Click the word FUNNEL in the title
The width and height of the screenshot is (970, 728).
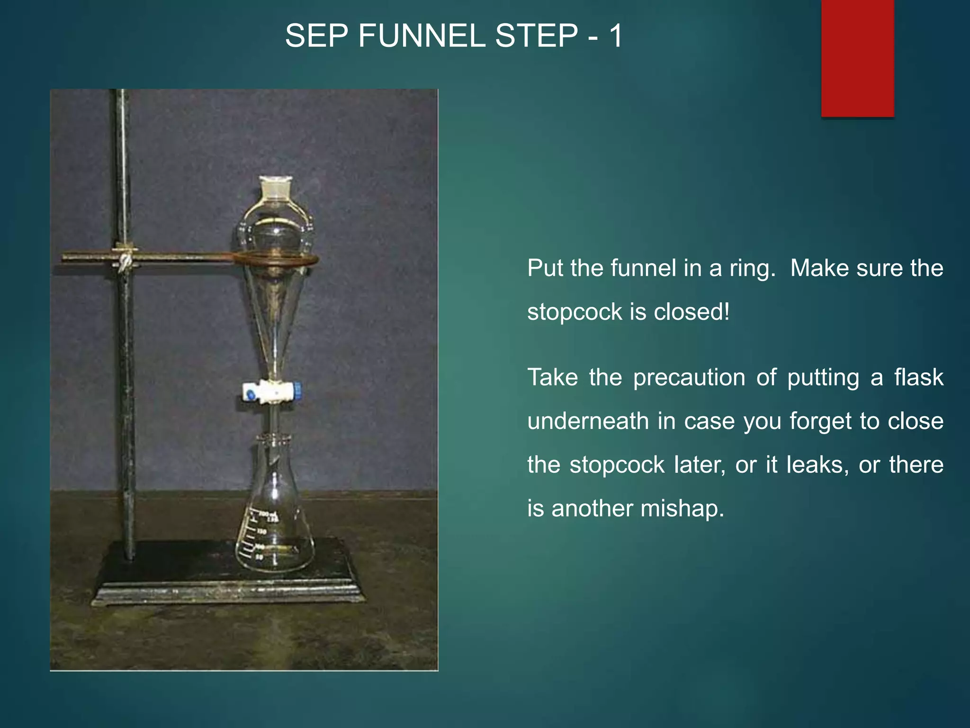422,36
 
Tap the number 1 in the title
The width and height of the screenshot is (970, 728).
616,36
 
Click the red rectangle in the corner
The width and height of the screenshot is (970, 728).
857,58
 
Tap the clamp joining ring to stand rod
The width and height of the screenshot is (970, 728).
125,259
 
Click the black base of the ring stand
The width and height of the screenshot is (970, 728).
227,588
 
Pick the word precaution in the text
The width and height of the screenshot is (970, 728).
689,378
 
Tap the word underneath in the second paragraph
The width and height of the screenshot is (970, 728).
588,421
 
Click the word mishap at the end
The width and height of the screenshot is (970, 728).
683,509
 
